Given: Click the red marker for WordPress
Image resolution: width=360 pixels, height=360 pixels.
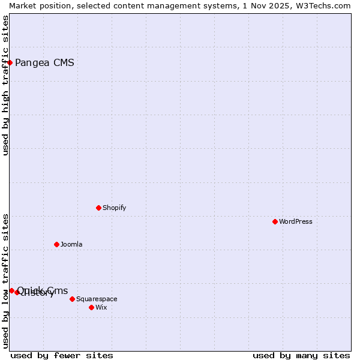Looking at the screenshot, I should point(275,221).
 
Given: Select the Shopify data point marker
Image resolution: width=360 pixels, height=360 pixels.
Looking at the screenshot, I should point(98,208).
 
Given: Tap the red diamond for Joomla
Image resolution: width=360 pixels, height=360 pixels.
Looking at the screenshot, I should point(56,244).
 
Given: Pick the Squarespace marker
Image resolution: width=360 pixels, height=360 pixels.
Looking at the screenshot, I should point(72,299).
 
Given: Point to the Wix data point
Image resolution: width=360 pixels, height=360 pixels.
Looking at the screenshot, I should point(91,307).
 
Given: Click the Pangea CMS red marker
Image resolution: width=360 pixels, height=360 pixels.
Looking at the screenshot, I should point(10,62).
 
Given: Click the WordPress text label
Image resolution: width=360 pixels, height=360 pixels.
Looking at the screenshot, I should point(296,221).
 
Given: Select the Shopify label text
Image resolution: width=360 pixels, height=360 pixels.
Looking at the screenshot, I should point(114,208).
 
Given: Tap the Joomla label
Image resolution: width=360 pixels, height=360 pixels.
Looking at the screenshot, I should point(71,244).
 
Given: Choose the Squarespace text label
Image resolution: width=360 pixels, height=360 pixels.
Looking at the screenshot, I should point(97,299).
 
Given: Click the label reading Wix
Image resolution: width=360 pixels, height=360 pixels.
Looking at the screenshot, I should point(101,307).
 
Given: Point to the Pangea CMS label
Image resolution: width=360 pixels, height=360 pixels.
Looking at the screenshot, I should point(44,62).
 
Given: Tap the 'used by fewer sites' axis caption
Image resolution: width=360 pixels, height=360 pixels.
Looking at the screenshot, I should point(62,355).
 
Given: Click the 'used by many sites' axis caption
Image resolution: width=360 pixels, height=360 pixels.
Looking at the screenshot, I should point(301,355).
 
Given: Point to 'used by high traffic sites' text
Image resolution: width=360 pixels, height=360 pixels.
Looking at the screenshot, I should point(5,85).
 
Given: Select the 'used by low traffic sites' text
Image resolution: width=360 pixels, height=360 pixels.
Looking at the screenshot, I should point(5,280).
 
